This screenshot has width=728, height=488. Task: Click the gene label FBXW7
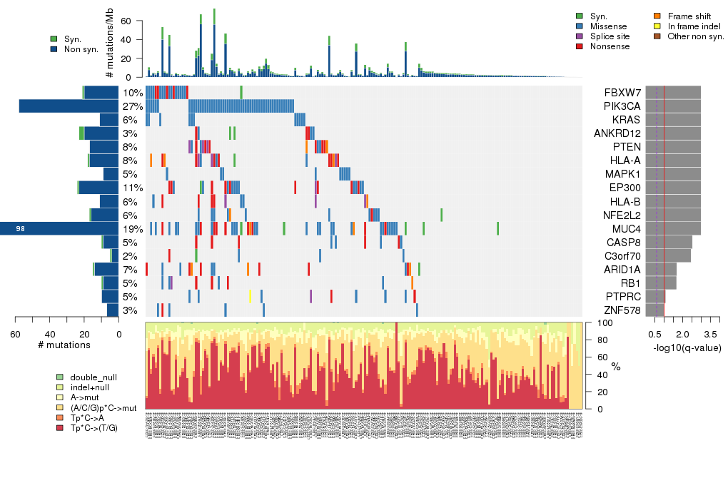click(622, 93)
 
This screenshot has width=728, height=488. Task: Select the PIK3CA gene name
click(620, 106)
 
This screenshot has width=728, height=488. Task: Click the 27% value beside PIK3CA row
click(132, 106)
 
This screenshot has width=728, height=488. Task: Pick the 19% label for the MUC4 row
click(132, 229)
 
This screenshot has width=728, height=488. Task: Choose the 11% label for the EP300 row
click(132, 188)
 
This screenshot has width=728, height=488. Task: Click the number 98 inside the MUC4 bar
click(21, 229)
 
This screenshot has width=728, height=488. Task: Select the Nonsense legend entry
click(610, 46)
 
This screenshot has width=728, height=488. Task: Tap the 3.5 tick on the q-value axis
click(710, 334)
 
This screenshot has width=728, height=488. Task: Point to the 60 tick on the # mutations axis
click(15, 334)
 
